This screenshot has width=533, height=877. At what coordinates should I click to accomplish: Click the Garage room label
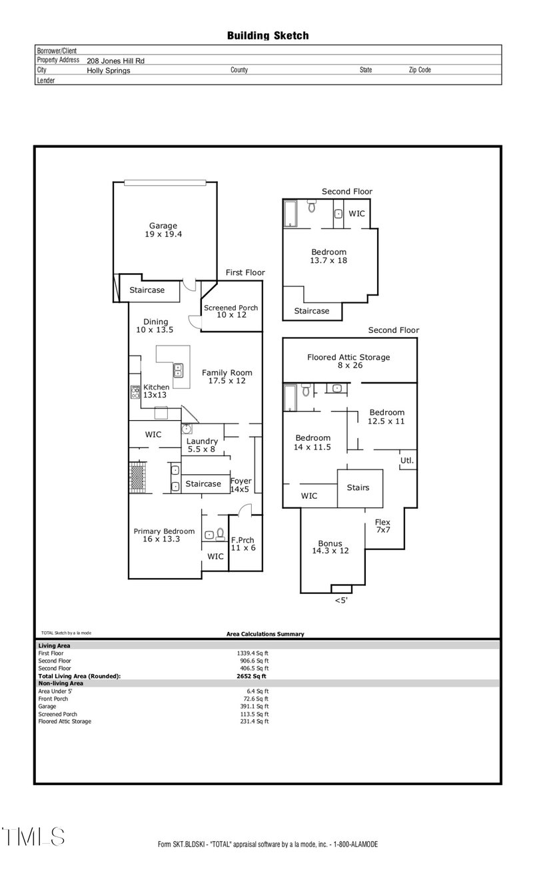(163, 230)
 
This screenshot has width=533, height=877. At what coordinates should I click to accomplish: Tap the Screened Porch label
(231, 311)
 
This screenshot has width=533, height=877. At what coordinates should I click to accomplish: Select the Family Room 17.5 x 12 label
(227, 377)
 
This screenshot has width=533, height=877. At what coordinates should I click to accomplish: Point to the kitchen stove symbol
(134, 392)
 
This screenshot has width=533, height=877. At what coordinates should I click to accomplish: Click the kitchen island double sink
(179, 370)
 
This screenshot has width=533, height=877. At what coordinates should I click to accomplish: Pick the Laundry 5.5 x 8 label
(202, 445)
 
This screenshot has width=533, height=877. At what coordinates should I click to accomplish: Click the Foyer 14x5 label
(241, 485)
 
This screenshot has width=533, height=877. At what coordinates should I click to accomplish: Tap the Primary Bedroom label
(164, 535)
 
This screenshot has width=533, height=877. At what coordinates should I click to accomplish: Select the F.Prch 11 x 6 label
(243, 543)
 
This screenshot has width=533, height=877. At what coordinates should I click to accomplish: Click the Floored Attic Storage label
(348, 361)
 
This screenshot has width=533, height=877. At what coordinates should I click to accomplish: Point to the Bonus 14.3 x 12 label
(330, 547)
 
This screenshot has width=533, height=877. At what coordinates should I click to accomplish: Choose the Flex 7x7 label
(382, 525)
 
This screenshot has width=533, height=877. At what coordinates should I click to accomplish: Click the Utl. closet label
(406, 460)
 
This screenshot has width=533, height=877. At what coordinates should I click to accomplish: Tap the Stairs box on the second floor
(358, 487)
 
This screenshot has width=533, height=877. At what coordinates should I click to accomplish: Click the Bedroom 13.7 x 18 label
(329, 256)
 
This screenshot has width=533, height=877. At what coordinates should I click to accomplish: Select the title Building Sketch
(268, 36)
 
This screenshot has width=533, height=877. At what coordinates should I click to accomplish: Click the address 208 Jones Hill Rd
(116, 60)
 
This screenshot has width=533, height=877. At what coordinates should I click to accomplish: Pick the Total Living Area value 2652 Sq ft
(247, 675)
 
